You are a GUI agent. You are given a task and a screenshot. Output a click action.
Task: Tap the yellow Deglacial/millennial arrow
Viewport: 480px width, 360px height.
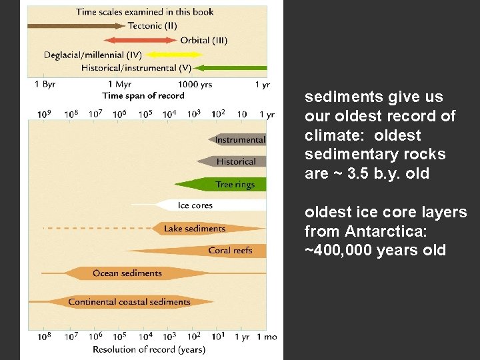(x=177, y=54)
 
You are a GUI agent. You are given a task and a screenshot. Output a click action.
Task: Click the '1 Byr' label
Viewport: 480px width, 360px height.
(x=45, y=85)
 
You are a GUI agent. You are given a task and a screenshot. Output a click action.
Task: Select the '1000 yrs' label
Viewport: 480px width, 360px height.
(x=195, y=85)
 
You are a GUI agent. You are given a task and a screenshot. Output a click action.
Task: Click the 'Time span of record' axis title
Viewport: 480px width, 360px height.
(x=143, y=95)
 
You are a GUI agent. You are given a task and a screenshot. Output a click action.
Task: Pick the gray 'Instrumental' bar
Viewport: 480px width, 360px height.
(x=239, y=139)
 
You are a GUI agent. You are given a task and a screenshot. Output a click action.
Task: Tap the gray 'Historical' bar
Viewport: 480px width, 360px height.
(x=235, y=161)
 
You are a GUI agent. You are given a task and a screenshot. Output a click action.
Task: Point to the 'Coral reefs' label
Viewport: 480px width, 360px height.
(x=229, y=251)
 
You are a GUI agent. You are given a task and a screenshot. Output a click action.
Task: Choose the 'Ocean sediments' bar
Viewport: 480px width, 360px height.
(x=127, y=273)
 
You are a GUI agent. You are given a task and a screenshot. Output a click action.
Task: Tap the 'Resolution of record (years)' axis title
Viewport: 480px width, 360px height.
(x=149, y=349)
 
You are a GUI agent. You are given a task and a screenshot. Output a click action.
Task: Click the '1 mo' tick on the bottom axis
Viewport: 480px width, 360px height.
(x=269, y=337)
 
